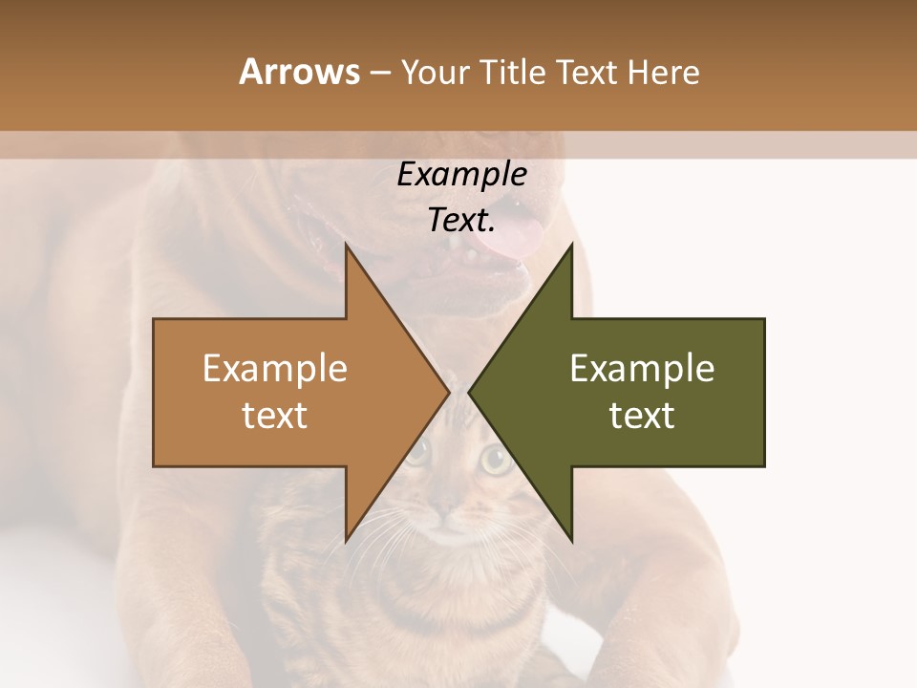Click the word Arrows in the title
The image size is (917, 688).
click(299, 72)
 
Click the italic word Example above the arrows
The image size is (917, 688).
click(461, 174)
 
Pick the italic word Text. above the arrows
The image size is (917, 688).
click(461, 220)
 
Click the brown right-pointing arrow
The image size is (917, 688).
click(287, 392)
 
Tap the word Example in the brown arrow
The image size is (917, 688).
click(275, 369)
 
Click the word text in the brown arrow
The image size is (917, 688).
click(275, 415)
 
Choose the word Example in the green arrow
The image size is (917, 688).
click(642, 369)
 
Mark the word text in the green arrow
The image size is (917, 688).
click(642, 415)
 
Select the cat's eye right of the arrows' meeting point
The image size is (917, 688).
click(494, 461)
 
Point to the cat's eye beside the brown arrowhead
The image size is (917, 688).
click(417, 455)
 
